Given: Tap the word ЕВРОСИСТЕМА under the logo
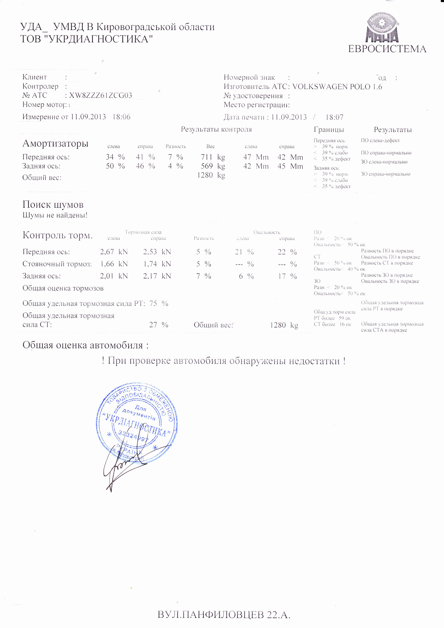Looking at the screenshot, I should [x=387, y=49].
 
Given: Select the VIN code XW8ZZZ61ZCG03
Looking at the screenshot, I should [x=101, y=95].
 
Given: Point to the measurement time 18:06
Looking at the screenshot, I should [x=121, y=117].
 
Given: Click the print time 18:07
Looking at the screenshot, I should [x=334, y=117].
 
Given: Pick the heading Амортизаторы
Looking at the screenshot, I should [x=55, y=143].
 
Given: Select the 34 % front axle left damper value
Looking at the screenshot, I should [x=115, y=157].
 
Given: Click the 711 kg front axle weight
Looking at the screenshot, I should [x=213, y=157].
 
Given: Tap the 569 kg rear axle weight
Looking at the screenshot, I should [x=213, y=166].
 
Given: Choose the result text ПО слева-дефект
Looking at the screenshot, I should [x=380, y=141].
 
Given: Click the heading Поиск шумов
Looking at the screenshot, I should [x=53, y=205].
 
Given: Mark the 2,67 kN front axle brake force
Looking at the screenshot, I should [x=114, y=252].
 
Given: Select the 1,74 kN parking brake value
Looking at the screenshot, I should [x=157, y=264].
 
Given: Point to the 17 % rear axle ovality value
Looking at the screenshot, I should [x=287, y=276].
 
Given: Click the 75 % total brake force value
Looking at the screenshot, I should [x=159, y=303].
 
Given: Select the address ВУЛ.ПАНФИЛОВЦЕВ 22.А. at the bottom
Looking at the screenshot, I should [x=224, y=615].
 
